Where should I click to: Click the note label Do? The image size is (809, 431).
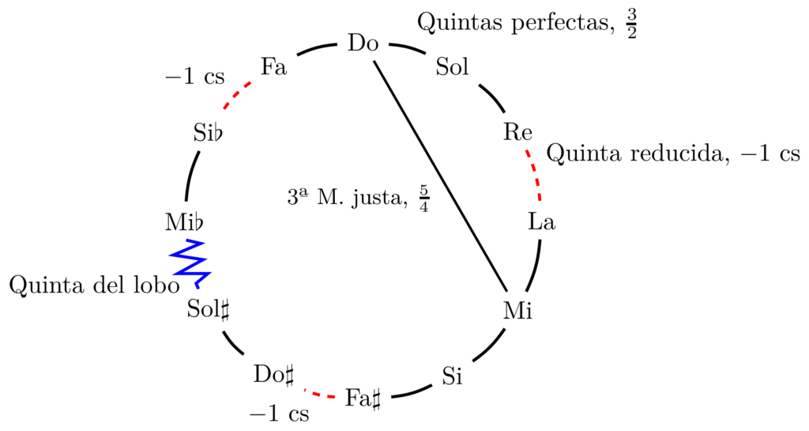point(363,43)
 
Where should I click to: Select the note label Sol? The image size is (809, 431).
point(453,66)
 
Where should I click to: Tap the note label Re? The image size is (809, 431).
point(517,133)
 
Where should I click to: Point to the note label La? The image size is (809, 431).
point(542,222)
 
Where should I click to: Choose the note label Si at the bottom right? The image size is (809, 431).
point(453,376)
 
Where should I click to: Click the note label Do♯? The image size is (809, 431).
point(274,375)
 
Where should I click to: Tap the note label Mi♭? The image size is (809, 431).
point(184,222)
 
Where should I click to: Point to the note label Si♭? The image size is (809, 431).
point(209,133)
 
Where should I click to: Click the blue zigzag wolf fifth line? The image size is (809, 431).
point(190,263)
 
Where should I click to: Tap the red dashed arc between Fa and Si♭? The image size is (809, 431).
point(237,94)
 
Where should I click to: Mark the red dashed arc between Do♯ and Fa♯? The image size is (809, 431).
point(320,394)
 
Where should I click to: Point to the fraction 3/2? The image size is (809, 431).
point(631,24)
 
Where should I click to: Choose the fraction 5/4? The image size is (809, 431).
point(424,199)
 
